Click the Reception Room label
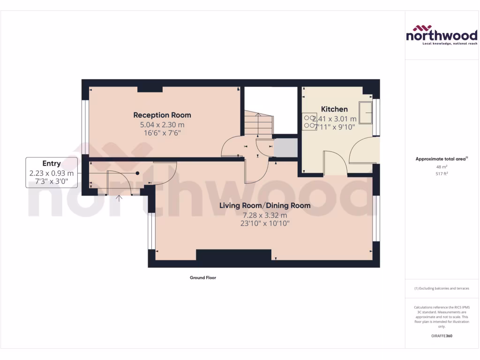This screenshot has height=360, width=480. [162, 115]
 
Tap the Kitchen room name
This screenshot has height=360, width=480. [334, 109]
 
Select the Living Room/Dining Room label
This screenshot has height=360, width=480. [265, 205]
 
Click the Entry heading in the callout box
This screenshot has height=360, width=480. [52, 164]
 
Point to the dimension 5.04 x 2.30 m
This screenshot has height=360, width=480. [162, 125]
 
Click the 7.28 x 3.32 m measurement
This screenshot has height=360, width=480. [265, 215]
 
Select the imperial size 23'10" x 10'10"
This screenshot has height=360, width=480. [265, 224]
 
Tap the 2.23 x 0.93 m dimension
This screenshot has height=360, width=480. [52, 173]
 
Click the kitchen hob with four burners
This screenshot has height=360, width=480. [309, 121]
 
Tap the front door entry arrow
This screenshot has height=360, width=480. [120, 198]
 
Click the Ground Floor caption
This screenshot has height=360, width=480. [202, 277]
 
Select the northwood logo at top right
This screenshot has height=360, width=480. [441, 35]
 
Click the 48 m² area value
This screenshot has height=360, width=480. [441, 167]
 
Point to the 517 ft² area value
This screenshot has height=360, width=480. [441, 174]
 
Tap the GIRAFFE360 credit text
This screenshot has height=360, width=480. [441, 336]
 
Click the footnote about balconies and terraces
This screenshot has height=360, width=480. [441, 288]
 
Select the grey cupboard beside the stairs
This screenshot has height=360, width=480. [285, 148]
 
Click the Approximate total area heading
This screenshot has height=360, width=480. [441, 159]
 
